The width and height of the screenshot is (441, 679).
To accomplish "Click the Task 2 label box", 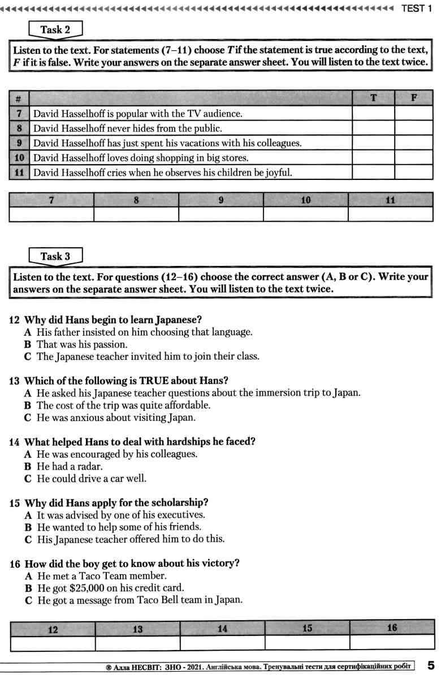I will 55,29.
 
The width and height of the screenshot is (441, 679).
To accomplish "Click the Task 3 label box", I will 55,256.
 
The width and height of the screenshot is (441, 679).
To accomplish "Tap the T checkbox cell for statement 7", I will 373,114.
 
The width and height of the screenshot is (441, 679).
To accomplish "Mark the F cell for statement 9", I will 414,143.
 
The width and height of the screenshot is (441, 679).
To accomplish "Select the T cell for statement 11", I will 373,173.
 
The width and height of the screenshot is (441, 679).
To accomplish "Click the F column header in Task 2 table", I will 414,98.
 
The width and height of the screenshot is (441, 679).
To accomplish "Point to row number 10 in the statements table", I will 19,158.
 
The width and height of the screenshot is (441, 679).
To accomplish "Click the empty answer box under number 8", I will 136,214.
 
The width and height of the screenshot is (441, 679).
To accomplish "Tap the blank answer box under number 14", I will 222,643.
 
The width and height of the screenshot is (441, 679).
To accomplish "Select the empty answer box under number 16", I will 392,643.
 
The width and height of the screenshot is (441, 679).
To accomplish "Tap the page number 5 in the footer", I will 431,665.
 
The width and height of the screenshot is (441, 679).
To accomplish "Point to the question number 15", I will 15,502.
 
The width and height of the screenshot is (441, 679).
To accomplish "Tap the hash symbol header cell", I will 19,98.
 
